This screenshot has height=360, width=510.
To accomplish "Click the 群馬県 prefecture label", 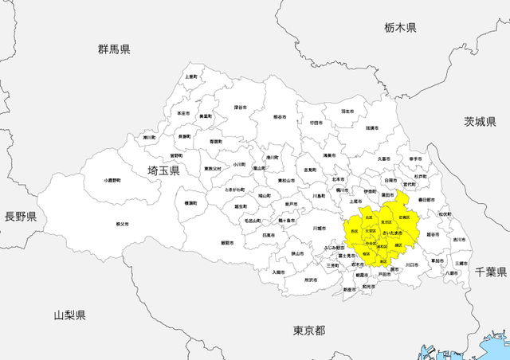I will click(114, 49).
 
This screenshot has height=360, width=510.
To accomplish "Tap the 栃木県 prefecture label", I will click(400, 28).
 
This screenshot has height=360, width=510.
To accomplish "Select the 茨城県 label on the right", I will click(481, 121).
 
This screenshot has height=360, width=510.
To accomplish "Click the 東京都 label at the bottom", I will click(309, 330).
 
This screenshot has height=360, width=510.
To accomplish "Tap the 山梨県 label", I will click(70, 315).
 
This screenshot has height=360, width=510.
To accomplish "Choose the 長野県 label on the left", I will click(21, 216).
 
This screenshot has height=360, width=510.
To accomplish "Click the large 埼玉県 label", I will click(163, 170).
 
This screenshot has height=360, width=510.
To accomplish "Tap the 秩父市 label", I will click(122, 225).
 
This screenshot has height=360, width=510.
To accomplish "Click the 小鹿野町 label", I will click(113, 181).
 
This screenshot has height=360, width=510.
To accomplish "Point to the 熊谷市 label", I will click(279, 117).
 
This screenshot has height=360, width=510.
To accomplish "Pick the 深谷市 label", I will click(240, 107).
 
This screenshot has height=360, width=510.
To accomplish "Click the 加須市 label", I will click(371, 127).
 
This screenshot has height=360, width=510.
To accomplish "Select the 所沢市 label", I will click(312, 280).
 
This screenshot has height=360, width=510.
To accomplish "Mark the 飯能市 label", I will click(227, 242).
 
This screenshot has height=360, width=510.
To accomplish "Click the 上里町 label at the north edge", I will click(191, 76).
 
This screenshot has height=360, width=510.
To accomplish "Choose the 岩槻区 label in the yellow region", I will click(404, 217).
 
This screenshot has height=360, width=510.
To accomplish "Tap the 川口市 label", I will click(411, 264).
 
